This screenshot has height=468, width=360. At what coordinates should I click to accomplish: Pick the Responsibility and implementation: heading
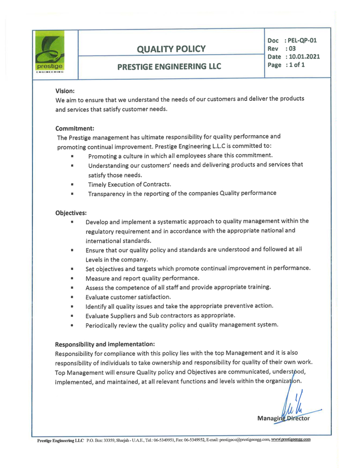coord(105,343)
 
